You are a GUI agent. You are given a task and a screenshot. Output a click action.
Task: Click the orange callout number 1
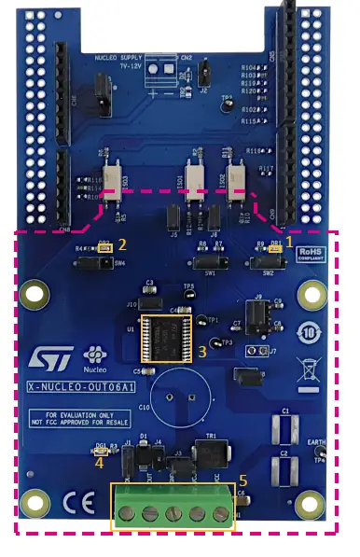coord(289,240)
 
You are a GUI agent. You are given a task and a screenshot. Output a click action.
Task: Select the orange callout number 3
coord(202,352)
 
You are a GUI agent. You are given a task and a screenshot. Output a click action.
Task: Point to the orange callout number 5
coord(243,480)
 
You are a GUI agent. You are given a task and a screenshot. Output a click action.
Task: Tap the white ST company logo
coord(49,360)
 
